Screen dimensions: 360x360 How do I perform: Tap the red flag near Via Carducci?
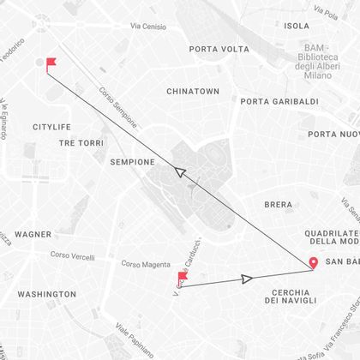[x=182, y=278]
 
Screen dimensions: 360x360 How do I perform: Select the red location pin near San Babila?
[x=313, y=264]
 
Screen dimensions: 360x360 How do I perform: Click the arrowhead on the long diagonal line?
[x=180, y=171]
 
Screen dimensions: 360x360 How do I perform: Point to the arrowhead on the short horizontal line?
[x=247, y=279]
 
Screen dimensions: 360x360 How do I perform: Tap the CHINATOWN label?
[x=193, y=91]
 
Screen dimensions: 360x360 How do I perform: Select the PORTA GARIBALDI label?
[x=279, y=102]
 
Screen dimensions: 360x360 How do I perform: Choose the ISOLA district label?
[x=297, y=26]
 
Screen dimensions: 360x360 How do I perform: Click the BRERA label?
[x=278, y=205]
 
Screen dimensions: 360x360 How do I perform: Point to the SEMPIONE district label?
[x=133, y=161]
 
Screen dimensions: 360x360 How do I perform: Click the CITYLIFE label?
[x=51, y=127]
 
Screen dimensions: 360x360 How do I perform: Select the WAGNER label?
[x=33, y=234]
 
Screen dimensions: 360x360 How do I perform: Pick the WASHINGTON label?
[x=46, y=294]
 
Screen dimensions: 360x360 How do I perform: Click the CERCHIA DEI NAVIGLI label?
[x=290, y=297]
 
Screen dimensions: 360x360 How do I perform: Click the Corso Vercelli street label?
[x=72, y=255]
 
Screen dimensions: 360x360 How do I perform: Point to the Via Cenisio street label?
[x=148, y=27]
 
